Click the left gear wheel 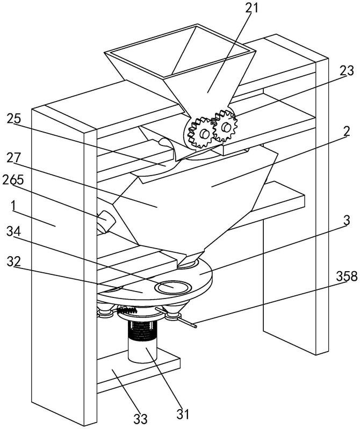click(200, 132)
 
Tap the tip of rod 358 click(196, 324)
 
